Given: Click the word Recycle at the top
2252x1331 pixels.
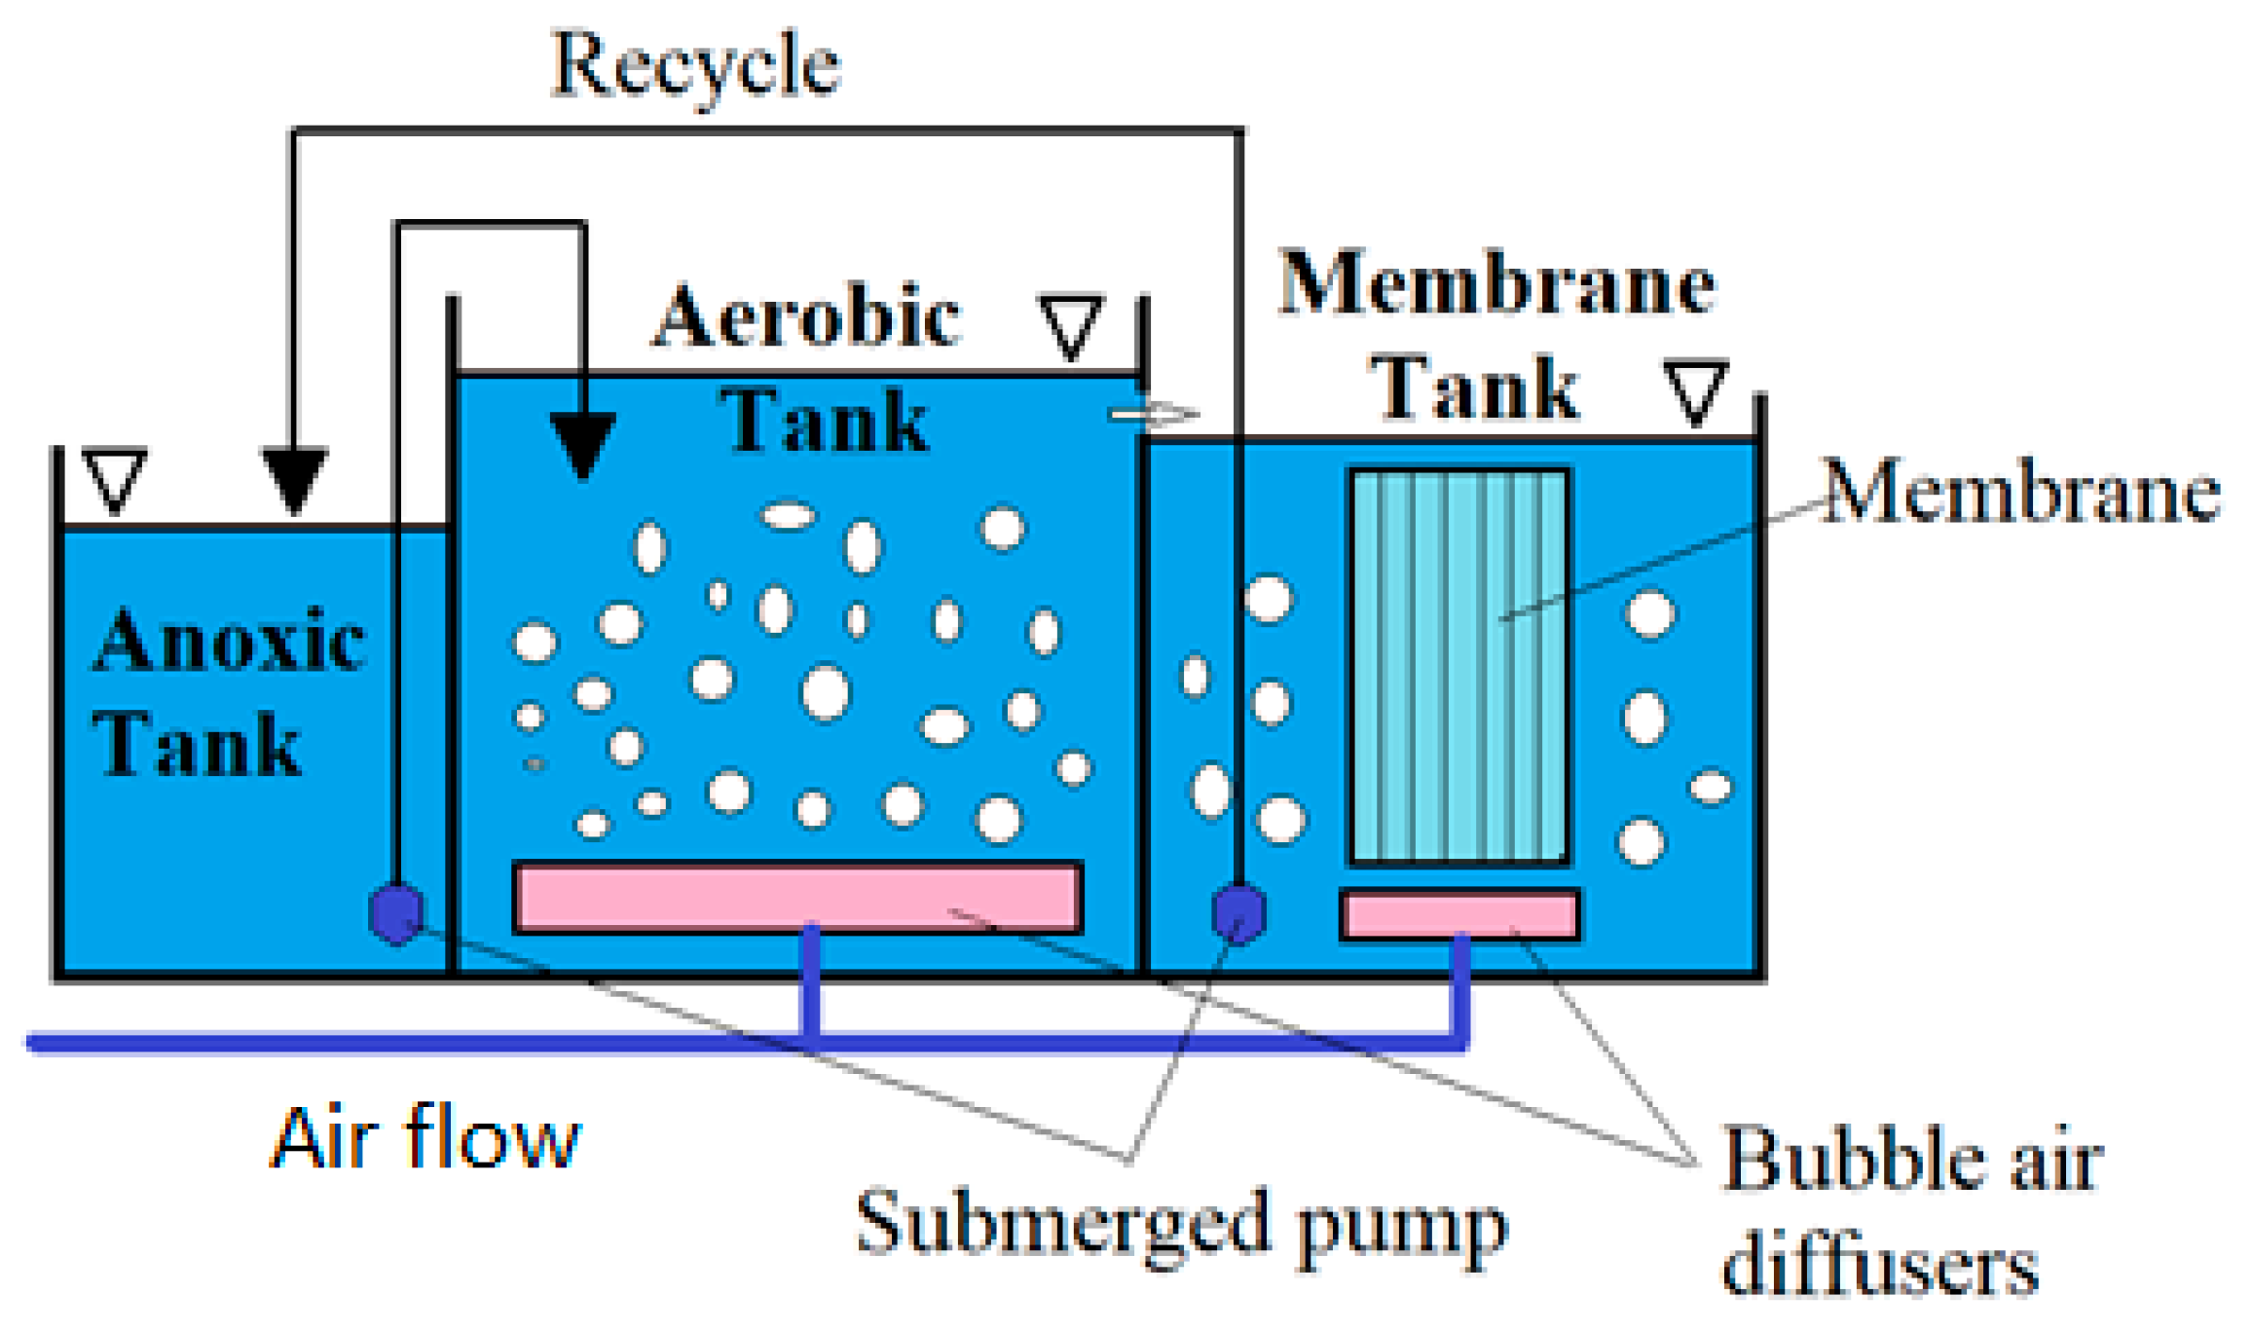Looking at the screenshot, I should coord(695,66).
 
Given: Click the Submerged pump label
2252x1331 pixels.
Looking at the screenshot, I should coord(1180,1225).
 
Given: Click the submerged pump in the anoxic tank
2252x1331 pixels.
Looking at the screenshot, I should coord(396,913).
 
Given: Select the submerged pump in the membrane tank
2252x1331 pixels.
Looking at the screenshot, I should coord(1238,913).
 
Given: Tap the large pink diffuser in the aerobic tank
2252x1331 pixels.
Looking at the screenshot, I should coord(797,898).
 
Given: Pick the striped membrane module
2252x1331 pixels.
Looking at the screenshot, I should coord(1458,667).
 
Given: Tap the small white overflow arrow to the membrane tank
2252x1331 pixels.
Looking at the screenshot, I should coord(1154,415).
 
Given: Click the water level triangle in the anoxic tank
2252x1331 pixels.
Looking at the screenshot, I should coord(116,478).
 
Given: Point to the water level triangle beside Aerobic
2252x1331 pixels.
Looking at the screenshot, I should coord(1071,325).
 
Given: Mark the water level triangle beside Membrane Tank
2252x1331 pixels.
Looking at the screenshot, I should coord(1695,390).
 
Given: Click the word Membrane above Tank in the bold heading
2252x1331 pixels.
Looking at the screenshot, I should coord(1496,284).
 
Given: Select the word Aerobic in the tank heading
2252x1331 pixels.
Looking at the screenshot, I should coord(807,316).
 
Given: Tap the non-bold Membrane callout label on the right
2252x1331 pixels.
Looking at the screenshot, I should coord(2020,492).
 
